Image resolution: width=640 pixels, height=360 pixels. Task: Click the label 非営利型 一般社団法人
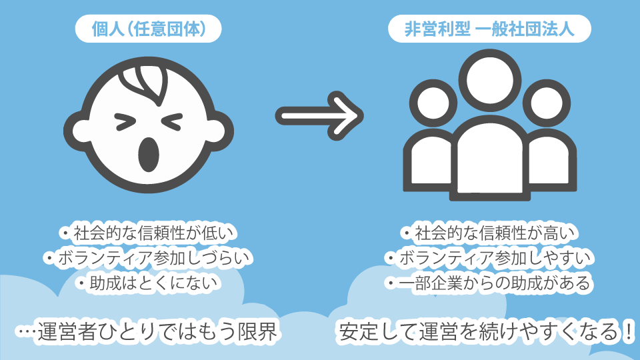[x=490, y=30]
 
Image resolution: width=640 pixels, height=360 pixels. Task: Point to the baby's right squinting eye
[x=171, y=121]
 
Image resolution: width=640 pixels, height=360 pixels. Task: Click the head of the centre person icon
[x=490, y=81]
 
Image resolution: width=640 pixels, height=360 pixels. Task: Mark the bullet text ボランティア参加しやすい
[x=490, y=258]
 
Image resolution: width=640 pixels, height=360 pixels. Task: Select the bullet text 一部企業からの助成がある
[x=490, y=283]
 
